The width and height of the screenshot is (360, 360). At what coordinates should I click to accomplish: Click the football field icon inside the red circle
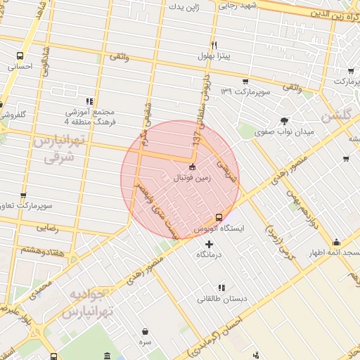tap(193, 167)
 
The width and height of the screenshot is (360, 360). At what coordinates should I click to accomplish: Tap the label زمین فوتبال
tap(193, 178)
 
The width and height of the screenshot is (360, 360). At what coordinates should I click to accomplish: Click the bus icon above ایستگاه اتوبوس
tap(219, 217)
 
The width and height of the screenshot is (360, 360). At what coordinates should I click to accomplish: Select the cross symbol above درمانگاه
tap(208, 243)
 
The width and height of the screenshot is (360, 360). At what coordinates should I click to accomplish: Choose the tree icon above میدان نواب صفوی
tap(284, 120)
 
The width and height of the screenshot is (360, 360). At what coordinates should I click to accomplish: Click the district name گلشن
tap(335, 116)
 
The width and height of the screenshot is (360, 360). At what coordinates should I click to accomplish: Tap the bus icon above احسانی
tap(20, 56)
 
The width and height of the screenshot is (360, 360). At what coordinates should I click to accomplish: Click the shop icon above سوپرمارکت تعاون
tap(23, 196)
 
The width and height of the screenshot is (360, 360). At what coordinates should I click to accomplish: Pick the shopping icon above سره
tap(145, 330)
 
